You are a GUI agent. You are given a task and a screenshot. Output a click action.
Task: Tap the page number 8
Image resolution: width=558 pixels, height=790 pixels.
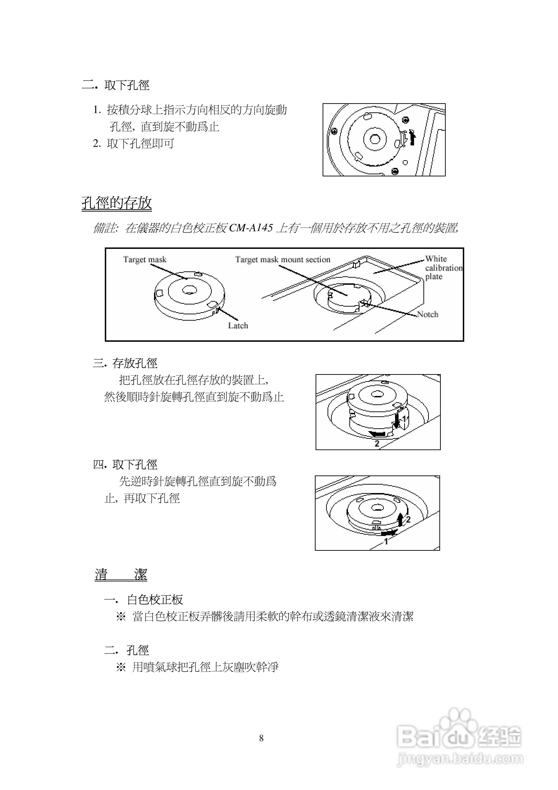[x=261, y=738]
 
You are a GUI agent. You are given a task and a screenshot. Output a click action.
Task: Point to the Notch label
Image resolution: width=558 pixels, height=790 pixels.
[x=428, y=314]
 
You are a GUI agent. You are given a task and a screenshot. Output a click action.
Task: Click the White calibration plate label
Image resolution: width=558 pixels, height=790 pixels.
[x=443, y=267]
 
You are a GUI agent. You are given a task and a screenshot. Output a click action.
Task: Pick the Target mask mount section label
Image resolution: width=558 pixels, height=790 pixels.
[x=283, y=259]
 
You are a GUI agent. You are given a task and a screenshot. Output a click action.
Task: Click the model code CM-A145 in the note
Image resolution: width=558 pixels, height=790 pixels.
[x=251, y=228]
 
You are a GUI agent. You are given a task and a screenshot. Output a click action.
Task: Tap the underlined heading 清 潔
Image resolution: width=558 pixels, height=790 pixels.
[x=121, y=574]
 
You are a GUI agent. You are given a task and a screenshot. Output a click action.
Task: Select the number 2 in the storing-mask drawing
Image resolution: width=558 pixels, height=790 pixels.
[x=377, y=444]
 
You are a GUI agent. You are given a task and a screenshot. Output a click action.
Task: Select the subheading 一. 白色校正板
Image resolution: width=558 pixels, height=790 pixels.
[x=143, y=600]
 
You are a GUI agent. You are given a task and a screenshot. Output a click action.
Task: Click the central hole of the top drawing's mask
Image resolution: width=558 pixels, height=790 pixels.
[x=375, y=139]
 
